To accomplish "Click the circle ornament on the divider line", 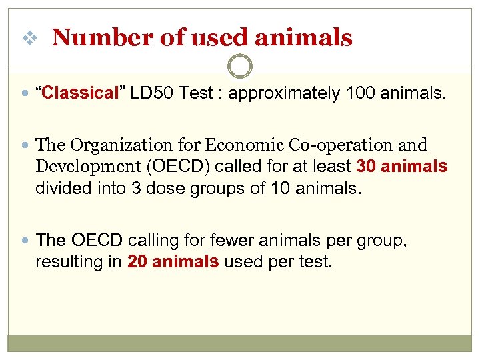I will (x=240, y=66).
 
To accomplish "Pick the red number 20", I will (x=137, y=261).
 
